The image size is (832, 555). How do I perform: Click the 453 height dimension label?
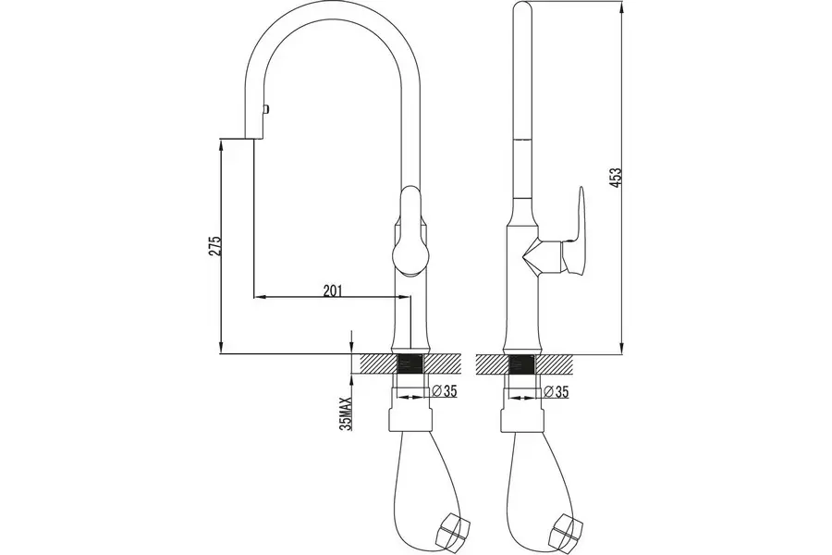click(615, 178)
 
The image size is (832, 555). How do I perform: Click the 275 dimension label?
click(214, 246)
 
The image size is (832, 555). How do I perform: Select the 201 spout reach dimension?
click(332, 290)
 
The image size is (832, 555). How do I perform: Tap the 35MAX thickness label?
click(347, 413)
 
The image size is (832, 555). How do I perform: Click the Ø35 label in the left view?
click(445, 391)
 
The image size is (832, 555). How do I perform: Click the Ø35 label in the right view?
click(557, 392)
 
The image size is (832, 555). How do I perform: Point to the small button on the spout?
click(267, 110)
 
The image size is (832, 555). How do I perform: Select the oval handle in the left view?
click(410, 231)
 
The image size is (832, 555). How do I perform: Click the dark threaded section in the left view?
click(410, 364)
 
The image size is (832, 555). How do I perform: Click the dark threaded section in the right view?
click(521, 364)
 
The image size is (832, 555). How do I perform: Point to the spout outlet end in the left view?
click(253, 139)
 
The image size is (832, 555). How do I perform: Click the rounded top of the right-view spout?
click(522, 8)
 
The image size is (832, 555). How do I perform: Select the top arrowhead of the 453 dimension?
click(622, 6)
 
